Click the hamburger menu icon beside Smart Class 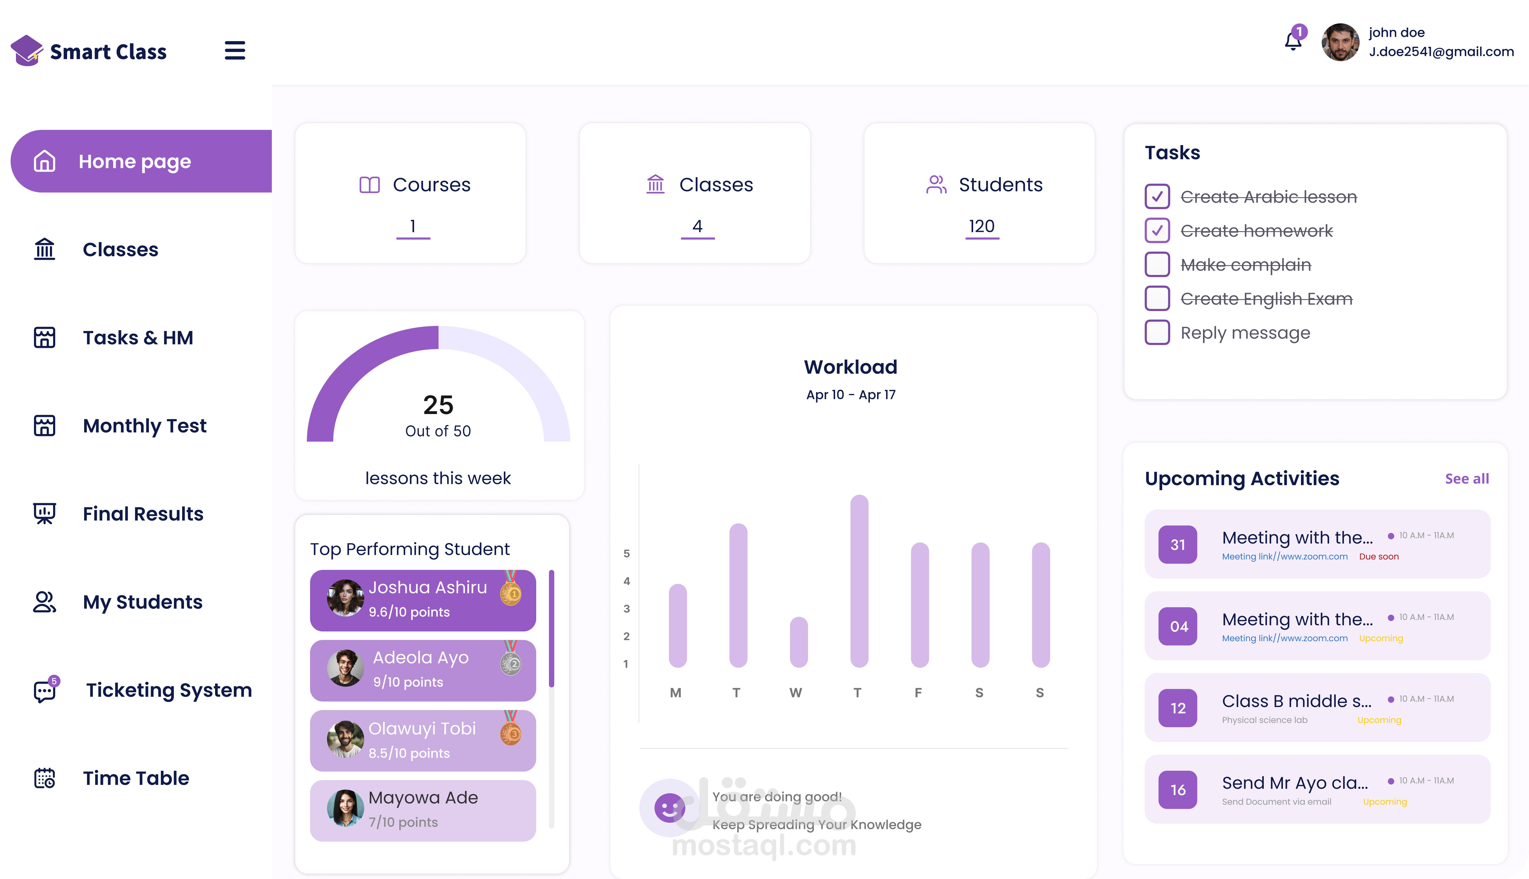(235, 51)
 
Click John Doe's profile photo (1340, 42)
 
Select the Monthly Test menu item (144, 426)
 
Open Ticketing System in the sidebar (168, 690)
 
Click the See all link (1466, 479)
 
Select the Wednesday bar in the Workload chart (798, 642)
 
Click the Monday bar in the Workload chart (677, 626)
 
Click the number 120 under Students (981, 226)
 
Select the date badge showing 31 (1177, 545)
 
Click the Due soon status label (1379, 557)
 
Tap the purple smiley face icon (669, 808)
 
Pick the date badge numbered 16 (1177, 790)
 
